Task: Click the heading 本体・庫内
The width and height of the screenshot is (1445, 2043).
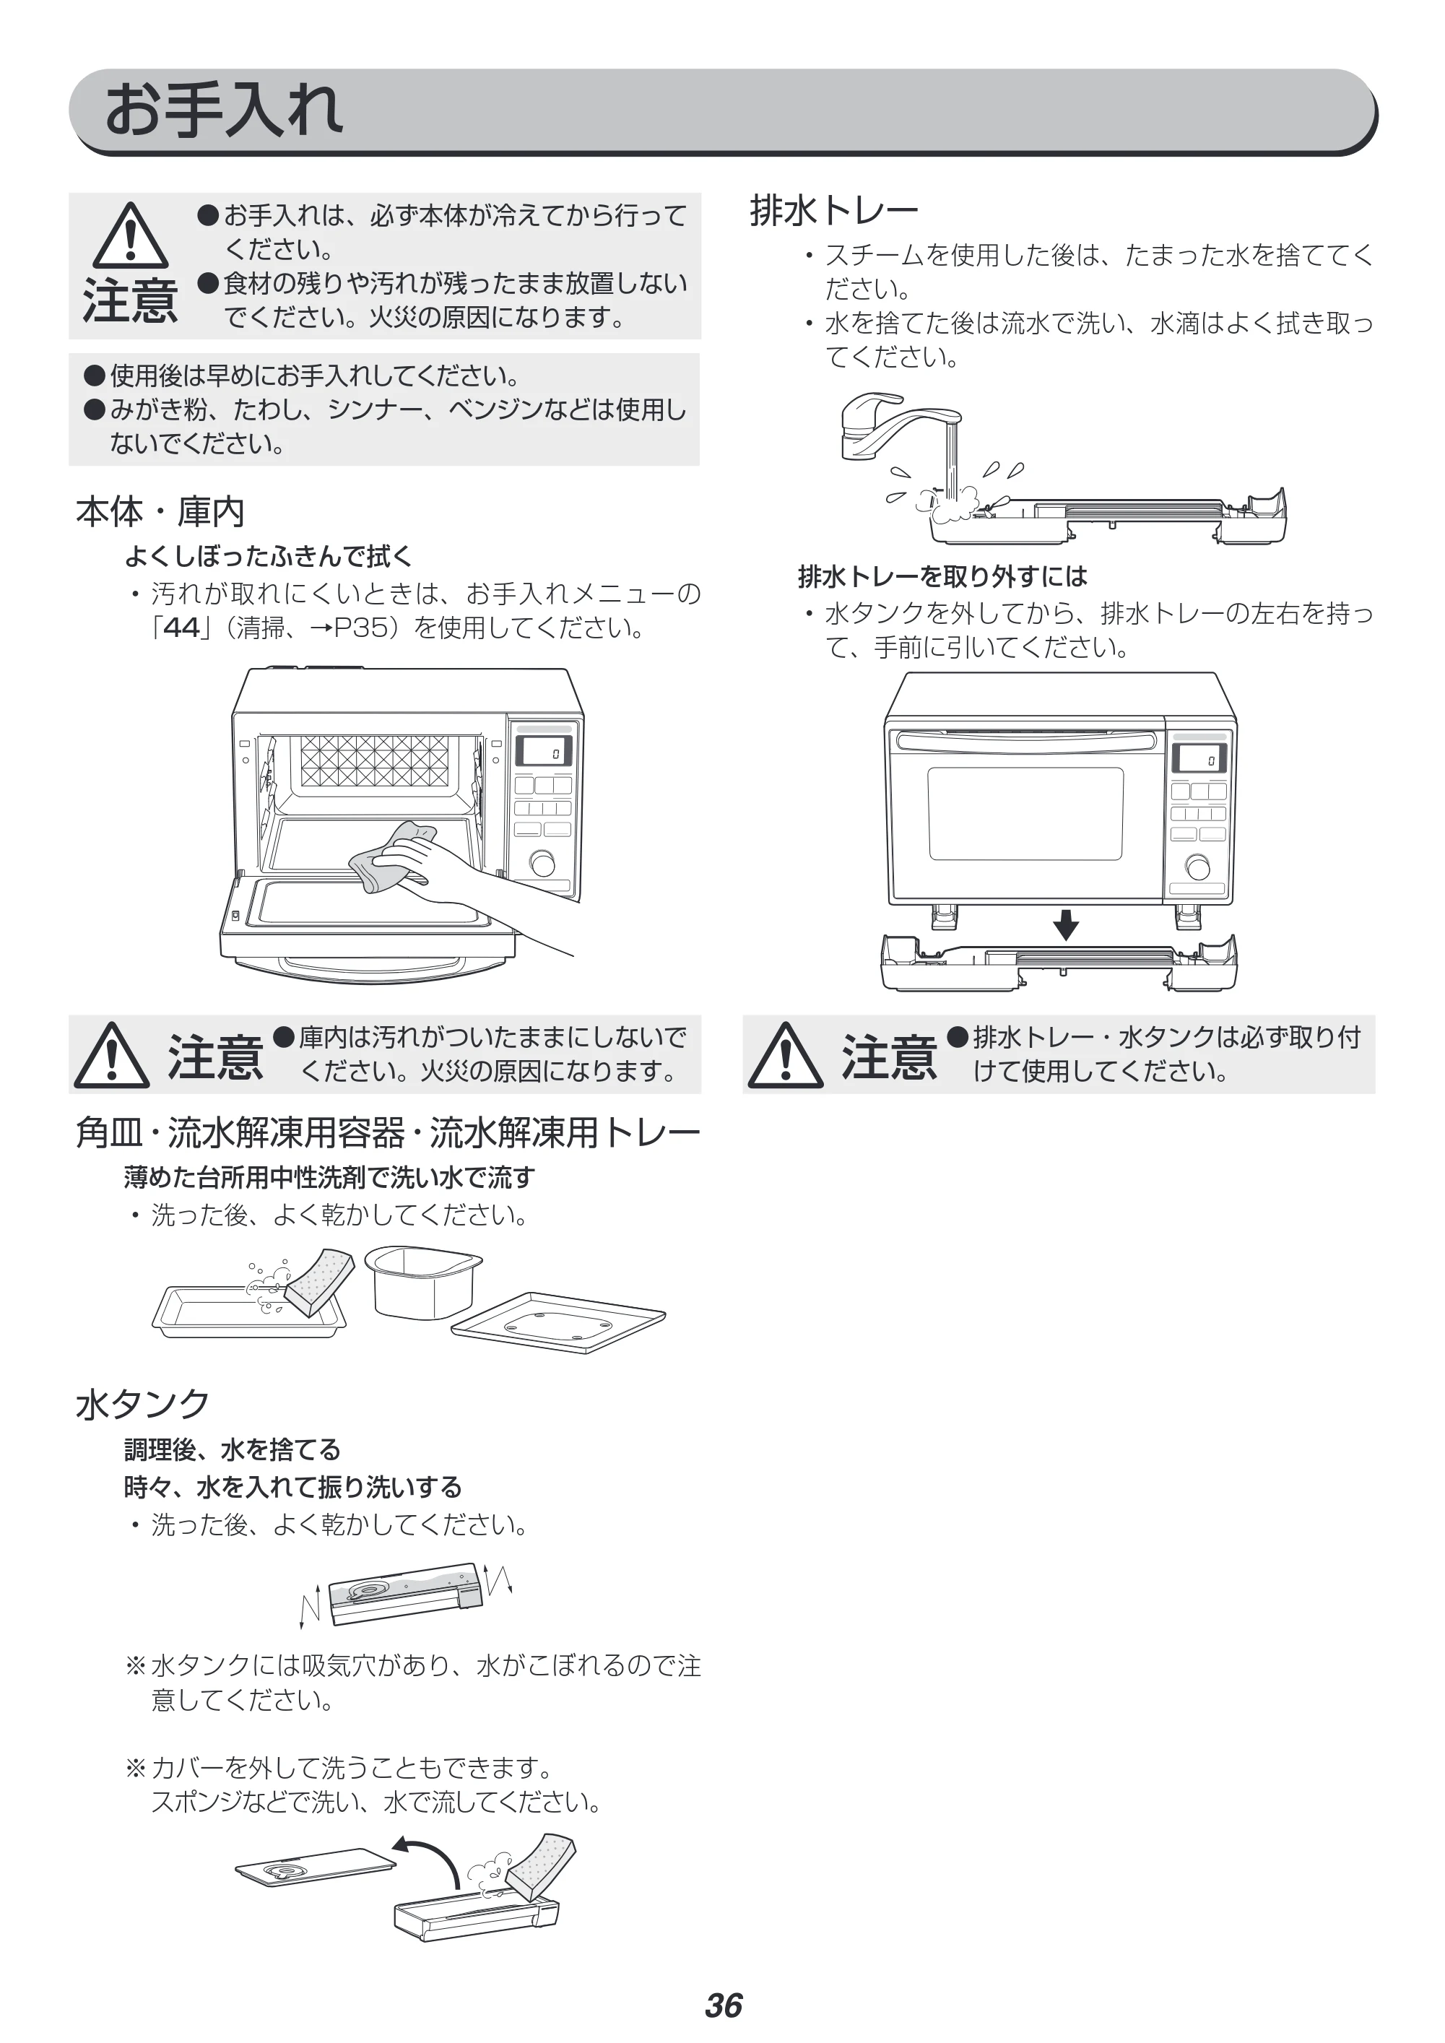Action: pyautogui.click(x=160, y=511)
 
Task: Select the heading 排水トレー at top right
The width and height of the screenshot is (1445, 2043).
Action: pyautogui.click(x=834, y=211)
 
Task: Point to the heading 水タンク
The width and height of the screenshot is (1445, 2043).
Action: pyautogui.click(x=142, y=1403)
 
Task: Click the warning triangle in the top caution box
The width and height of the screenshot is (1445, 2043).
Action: pyautogui.click(x=131, y=236)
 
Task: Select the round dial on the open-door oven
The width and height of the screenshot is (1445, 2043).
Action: pyautogui.click(x=541, y=863)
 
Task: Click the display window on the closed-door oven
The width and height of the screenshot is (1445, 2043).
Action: pyautogui.click(x=1199, y=758)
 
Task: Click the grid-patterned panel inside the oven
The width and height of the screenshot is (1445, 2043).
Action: pyautogui.click(x=375, y=760)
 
